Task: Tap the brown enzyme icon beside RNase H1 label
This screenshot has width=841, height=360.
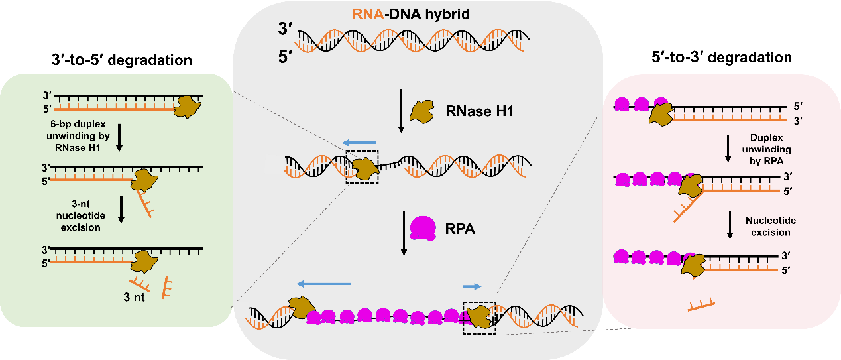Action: [422, 112]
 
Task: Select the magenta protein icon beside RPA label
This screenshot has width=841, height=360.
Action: [422, 227]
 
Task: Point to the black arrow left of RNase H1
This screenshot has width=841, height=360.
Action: [400, 111]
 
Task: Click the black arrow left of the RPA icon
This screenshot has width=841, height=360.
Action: [404, 233]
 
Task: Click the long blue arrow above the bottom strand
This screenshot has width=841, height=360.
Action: [323, 284]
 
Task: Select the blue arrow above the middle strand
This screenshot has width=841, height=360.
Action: [360, 142]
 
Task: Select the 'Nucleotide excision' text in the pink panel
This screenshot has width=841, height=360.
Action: [771, 226]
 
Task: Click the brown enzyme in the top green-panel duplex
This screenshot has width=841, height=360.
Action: [188, 106]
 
